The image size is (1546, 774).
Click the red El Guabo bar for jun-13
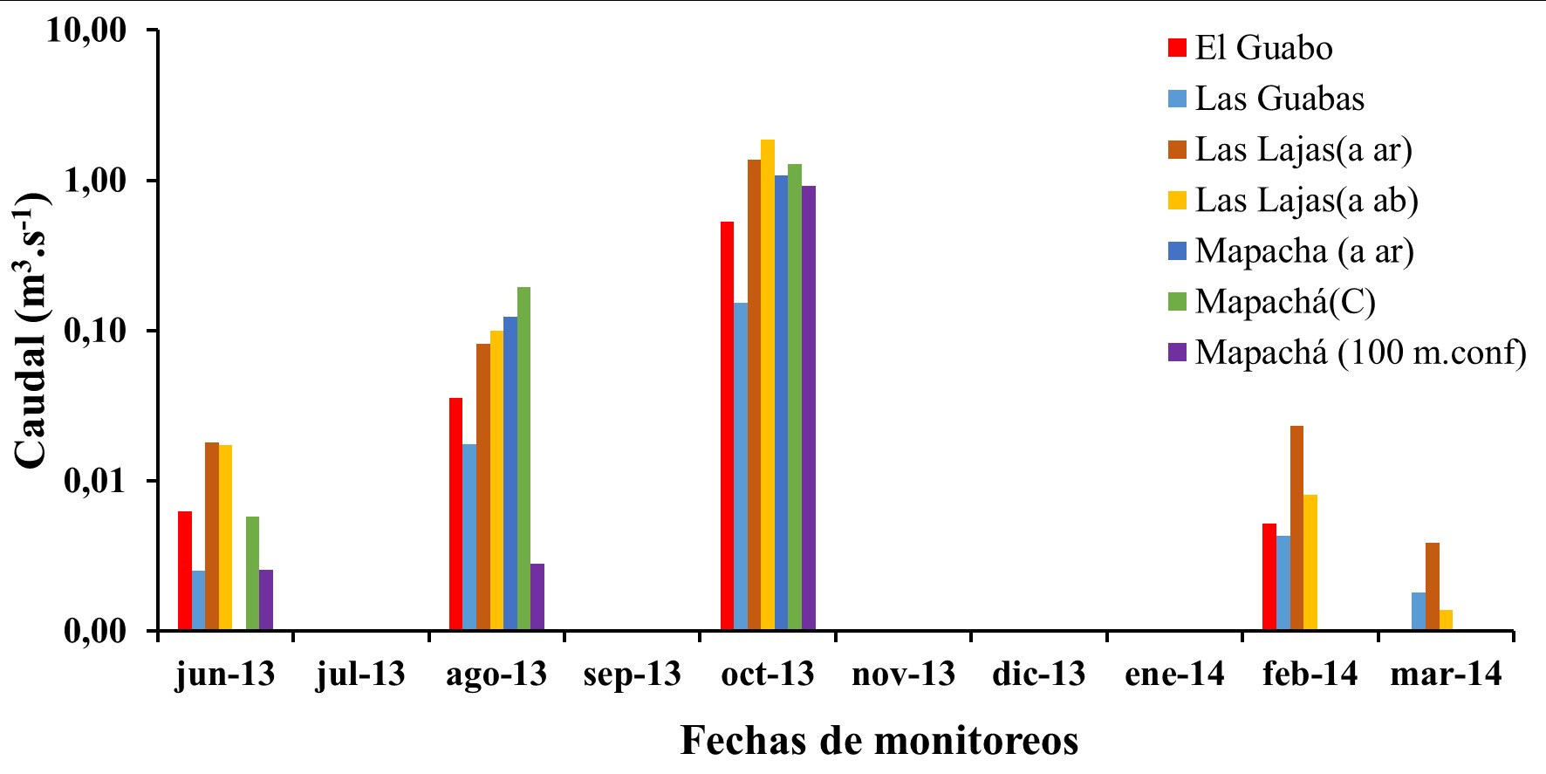pyautogui.click(x=185, y=571)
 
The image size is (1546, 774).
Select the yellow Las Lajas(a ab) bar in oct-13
pyautogui.click(x=768, y=385)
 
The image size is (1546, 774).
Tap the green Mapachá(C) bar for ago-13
pyautogui.click(x=523, y=459)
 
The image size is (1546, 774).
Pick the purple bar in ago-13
pyautogui.click(x=537, y=597)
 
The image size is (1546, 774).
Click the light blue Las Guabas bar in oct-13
pyautogui.click(x=741, y=467)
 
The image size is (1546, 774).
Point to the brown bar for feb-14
pyautogui.click(x=1296, y=528)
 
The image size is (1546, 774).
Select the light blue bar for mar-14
pyautogui.click(x=1419, y=612)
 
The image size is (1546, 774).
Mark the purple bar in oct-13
pyautogui.click(x=809, y=408)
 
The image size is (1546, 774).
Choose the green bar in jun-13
pyautogui.click(x=252, y=573)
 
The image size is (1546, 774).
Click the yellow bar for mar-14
pyautogui.click(x=1446, y=620)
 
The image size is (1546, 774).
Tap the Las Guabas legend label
pyautogui.click(x=1279, y=99)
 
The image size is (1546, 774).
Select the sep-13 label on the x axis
pyautogui.click(x=632, y=675)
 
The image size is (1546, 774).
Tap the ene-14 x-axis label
pyautogui.click(x=1174, y=675)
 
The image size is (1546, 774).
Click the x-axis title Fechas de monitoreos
pyautogui.click(x=879, y=741)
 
